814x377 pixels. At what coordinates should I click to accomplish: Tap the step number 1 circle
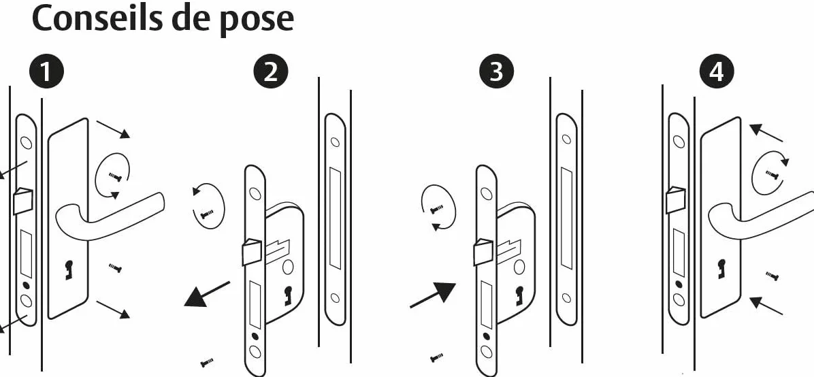point(46,71)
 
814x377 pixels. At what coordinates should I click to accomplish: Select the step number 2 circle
point(270,71)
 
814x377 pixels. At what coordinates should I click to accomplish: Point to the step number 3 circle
point(497,71)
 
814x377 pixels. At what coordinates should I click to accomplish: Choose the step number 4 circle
point(717,71)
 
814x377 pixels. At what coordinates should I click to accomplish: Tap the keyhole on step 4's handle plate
point(721,268)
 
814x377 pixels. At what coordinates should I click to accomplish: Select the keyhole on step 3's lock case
point(517,295)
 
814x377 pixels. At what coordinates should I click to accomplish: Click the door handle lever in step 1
point(110,216)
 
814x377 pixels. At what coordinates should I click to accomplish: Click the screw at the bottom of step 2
point(207,362)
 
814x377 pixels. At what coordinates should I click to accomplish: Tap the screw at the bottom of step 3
point(436,357)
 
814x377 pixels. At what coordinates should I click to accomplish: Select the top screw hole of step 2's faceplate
point(255,194)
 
